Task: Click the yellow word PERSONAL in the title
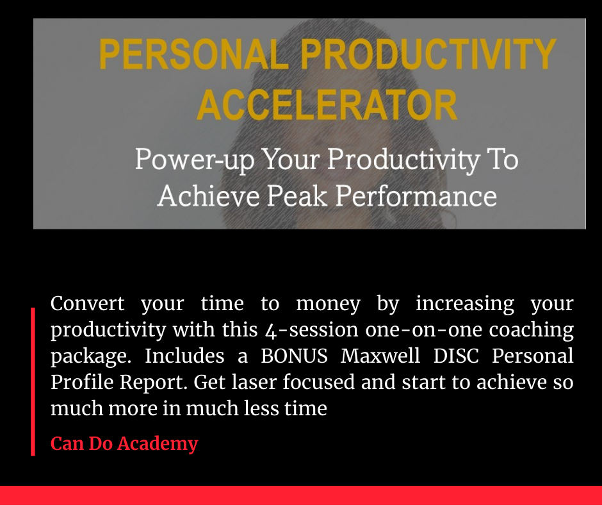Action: click(x=194, y=54)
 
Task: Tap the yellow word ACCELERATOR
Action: click(x=327, y=105)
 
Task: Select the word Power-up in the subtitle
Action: click(x=195, y=160)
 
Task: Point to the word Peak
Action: click(x=297, y=195)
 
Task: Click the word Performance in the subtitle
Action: click(x=416, y=195)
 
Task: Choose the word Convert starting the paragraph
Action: click(x=88, y=304)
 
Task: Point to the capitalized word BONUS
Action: click(x=294, y=356)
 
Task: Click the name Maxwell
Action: click(x=380, y=356)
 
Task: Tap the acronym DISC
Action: click(x=456, y=356)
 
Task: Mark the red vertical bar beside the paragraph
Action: click(x=33, y=381)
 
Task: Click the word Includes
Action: click(x=184, y=356)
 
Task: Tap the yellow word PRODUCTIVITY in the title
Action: click(x=428, y=54)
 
